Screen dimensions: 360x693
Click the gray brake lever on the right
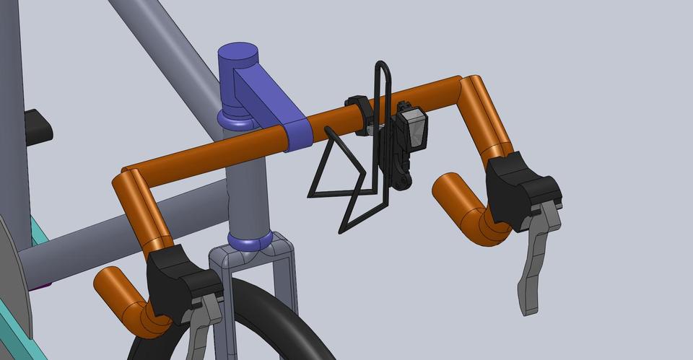[535, 260]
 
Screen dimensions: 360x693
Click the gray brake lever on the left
[204, 325]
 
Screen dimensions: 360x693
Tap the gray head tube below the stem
[245, 188]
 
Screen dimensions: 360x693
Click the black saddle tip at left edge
[38, 126]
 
